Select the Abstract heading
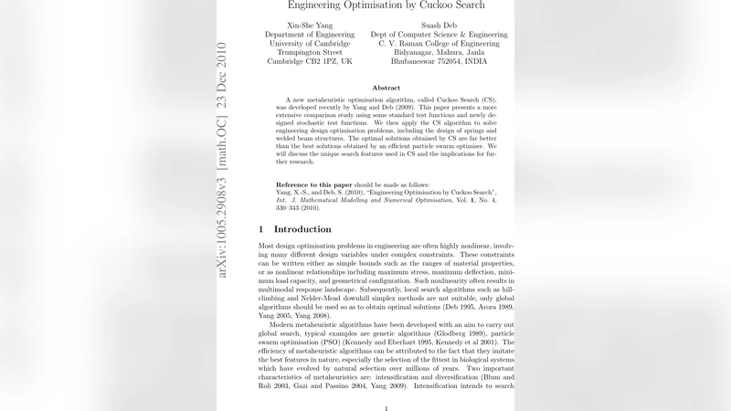(x=387, y=88)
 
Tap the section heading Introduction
(x=302, y=229)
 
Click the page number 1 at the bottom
(x=387, y=408)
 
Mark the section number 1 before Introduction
(x=261, y=229)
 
